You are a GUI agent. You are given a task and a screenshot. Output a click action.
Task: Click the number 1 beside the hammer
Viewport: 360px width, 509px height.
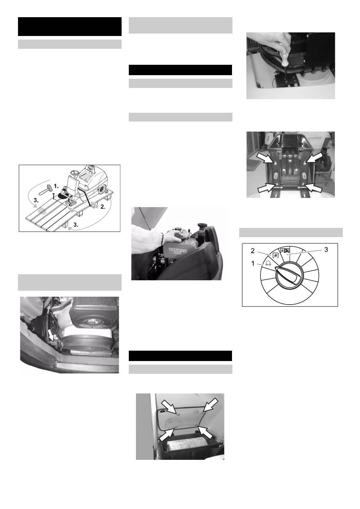(x=56, y=186)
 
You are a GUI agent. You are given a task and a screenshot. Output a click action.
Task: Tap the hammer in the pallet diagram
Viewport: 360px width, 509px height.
(x=46, y=189)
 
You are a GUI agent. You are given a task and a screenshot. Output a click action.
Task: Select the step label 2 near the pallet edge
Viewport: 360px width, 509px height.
(x=103, y=207)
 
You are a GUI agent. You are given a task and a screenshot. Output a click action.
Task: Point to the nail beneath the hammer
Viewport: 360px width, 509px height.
(x=53, y=196)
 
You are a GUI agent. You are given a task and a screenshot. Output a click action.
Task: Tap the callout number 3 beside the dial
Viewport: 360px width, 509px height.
(x=326, y=250)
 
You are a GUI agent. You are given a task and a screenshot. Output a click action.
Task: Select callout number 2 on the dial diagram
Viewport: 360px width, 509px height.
(x=253, y=251)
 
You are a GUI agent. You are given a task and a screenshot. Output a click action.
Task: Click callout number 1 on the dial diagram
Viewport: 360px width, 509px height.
(x=253, y=263)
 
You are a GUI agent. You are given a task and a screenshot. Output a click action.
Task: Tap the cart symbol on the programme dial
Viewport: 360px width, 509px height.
(x=268, y=263)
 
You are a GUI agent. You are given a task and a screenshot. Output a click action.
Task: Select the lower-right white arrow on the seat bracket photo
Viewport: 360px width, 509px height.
(x=314, y=187)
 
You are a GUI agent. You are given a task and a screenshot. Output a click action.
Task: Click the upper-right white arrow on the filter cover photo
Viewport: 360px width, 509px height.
(x=210, y=405)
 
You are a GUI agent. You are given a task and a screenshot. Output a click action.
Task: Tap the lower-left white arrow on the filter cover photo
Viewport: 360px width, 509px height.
(x=168, y=434)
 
